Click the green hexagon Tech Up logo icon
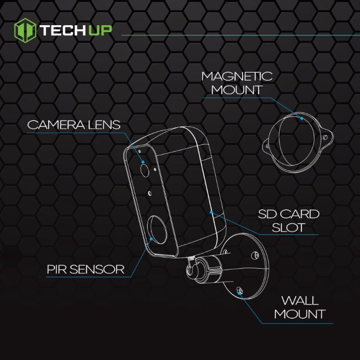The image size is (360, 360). point(25,30)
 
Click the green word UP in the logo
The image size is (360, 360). point(100,30)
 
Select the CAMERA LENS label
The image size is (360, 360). point(74,125)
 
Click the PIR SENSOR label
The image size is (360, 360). point(85,269)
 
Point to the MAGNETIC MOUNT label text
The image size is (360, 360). point(237,83)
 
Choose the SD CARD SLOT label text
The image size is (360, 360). point(289,221)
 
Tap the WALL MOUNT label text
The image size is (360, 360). point(300,307)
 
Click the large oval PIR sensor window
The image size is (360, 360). point(157,230)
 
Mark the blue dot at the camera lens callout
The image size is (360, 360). point(143,162)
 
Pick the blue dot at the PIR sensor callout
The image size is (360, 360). point(151,239)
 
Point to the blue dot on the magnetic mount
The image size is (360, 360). point(302,118)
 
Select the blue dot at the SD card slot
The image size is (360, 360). point(211,212)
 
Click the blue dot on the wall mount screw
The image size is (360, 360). point(239,293)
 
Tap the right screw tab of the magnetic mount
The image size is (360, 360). point(326,137)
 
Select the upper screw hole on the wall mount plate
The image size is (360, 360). point(255,255)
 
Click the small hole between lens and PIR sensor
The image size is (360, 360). point(150,193)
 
